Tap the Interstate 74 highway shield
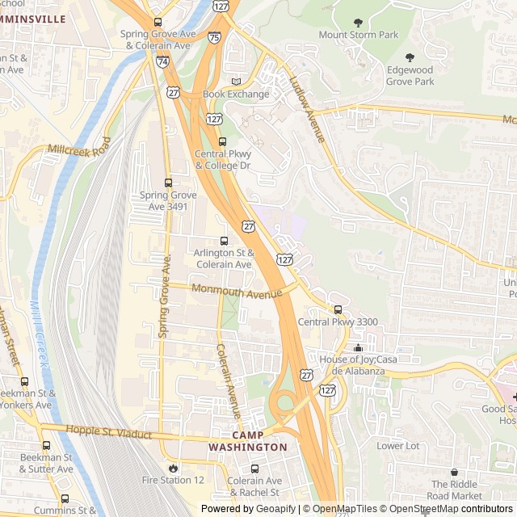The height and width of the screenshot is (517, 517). point(162,61)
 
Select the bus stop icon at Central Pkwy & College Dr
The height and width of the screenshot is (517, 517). point(223,141)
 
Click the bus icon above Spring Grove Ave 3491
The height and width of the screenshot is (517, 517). point(168,183)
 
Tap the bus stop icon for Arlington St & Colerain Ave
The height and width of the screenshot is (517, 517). point(224,241)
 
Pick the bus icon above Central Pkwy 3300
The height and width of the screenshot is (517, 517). point(338,309)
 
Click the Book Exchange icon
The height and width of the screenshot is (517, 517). point(236,82)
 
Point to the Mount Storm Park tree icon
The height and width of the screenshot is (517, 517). point(359,23)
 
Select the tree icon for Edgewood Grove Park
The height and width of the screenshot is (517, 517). point(410,57)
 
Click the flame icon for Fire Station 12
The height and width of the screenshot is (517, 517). point(173,468)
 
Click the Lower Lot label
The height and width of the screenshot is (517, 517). point(398,446)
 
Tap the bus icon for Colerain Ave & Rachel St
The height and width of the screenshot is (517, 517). point(254,469)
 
